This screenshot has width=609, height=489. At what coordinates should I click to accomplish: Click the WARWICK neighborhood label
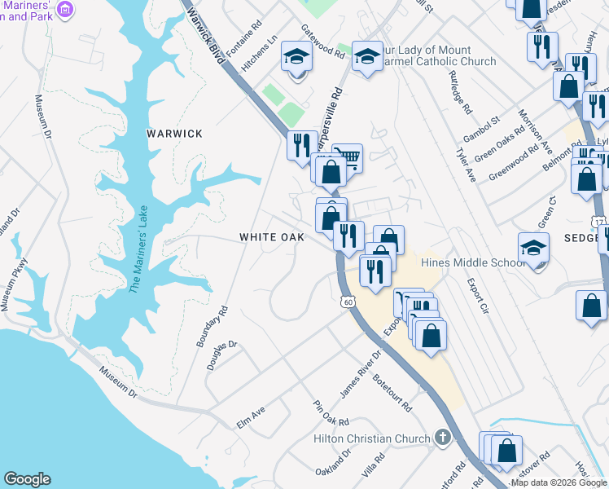coord(174,134)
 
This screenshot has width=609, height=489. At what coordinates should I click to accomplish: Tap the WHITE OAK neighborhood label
coord(271,237)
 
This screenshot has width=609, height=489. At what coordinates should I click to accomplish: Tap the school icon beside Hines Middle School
coord(534,248)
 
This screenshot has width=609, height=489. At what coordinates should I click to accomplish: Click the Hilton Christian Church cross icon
coord(442,438)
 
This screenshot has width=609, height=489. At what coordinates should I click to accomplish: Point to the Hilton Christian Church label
coord(371,438)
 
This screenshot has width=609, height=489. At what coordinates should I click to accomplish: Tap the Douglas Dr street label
coord(221,355)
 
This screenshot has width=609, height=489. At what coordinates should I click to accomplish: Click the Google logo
coord(27,479)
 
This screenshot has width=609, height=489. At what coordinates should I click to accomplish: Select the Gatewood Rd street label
coord(323,40)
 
